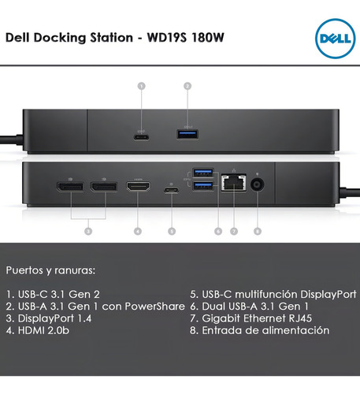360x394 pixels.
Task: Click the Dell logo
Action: [336, 39]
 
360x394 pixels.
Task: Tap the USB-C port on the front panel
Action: [141, 137]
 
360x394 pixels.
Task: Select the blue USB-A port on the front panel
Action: [187, 134]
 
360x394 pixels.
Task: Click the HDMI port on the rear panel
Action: [139, 186]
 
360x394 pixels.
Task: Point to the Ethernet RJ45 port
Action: [234, 183]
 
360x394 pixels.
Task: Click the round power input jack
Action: [258, 184]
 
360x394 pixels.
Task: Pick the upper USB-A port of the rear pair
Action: [203, 173]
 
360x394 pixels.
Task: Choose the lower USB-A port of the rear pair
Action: [203, 185]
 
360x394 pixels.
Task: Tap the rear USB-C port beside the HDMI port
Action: [172, 190]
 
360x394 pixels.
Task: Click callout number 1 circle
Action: [142, 86]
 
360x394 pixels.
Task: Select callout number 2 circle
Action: [187, 86]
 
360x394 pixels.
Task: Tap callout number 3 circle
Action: [88, 231]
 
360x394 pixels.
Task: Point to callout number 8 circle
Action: [258, 231]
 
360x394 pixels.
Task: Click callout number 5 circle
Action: [172, 231]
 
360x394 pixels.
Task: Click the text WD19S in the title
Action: [167, 38]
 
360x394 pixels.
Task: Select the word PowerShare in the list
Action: [155, 307]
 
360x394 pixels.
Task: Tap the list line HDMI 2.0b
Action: [38, 330]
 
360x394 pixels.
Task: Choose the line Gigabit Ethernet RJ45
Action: [251, 318]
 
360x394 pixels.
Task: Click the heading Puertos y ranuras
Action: [50, 270]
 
